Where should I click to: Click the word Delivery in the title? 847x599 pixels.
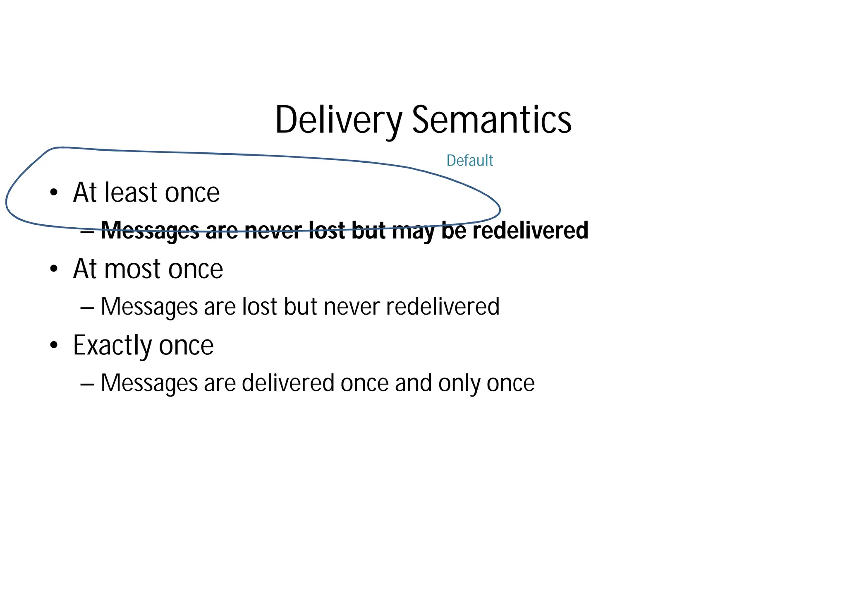pyautogui.click(x=338, y=120)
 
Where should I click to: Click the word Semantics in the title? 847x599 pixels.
pyautogui.click(x=492, y=120)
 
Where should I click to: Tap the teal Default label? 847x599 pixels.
pyautogui.click(x=469, y=161)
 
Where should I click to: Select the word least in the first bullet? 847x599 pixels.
pyautogui.click(x=132, y=193)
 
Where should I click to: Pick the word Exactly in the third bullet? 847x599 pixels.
pyautogui.click(x=112, y=346)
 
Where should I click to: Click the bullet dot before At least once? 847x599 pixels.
pyautogui.click(x=54, y=193)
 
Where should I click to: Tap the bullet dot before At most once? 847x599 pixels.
pyautogui.click(x=54, y=269)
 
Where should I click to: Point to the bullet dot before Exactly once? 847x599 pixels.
pyautogui.click(x=54, y=346)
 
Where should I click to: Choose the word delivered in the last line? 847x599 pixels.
pyautogui.click(x=288, y=383)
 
